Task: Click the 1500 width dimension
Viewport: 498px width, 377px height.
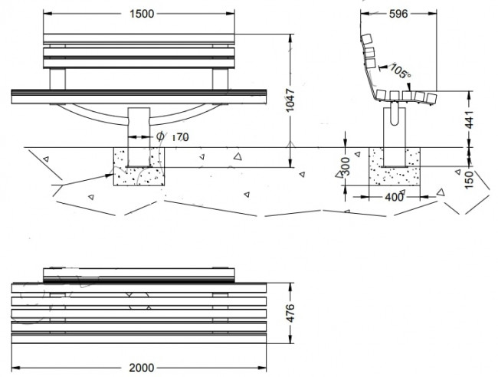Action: [x=138, y=13]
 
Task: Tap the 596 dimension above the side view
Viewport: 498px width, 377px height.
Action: [x=397, y=13]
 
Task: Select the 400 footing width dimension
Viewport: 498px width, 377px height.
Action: [x=395, y=198]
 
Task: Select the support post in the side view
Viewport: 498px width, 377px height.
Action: [x=395, y=134]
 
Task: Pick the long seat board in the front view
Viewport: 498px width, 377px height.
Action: [x=139, y=95]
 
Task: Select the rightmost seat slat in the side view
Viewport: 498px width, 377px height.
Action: [x=431, y=98]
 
